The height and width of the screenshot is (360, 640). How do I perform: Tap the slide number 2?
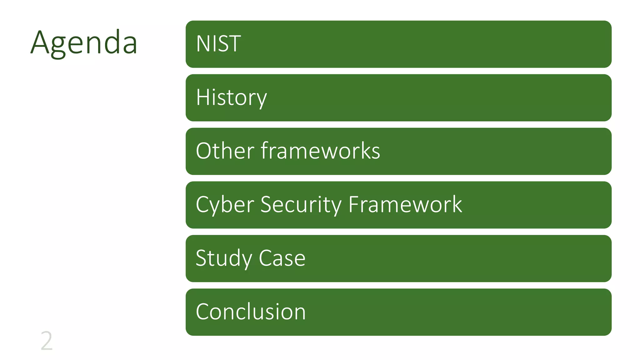[x=47, y=341]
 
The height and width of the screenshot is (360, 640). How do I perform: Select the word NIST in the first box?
[x=218, y=44]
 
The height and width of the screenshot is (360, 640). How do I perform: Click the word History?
[x=231, y=97]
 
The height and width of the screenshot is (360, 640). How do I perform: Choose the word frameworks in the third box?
[x=320, y=151]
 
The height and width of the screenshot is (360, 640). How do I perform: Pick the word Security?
[x=301, y=205]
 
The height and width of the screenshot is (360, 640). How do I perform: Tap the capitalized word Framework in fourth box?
[x=405, y=205]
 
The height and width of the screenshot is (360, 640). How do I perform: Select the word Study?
[x=223, y=258]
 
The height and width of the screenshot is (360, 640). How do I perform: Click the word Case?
[x=282, y=258]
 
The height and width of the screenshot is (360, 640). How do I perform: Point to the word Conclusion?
[x=251, y=312]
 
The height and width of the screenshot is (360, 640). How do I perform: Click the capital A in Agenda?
[x=40, y=42]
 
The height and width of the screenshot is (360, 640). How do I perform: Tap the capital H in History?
[x=202, y=97]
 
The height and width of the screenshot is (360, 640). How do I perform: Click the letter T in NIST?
[x=235, y=44]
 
